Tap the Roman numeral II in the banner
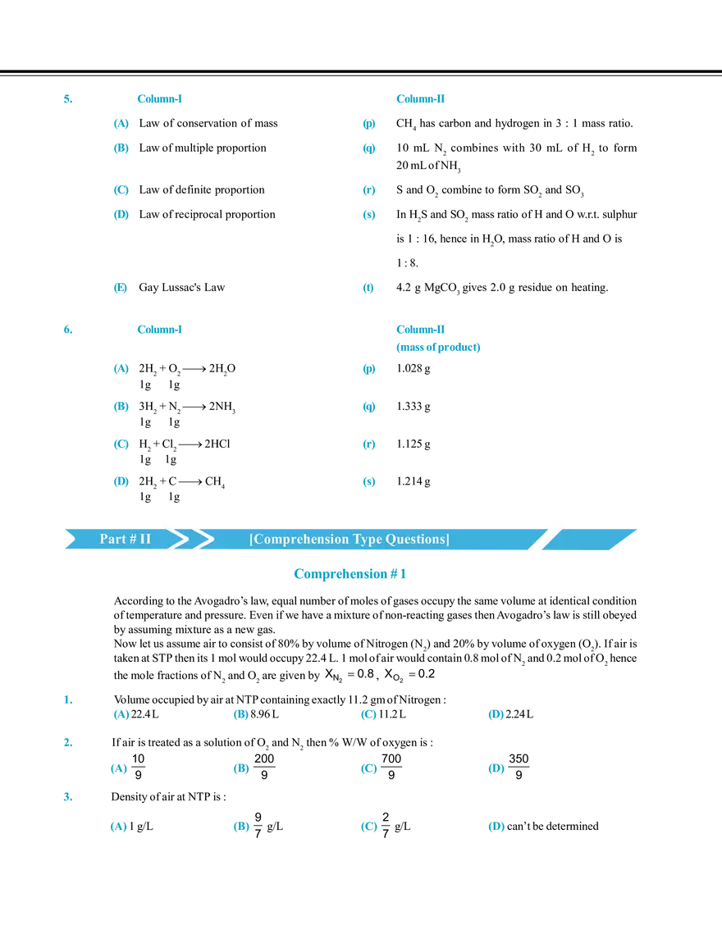pyautogui.click(x=144, y=539)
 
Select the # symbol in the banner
pyautogui.click(x=130, y=539)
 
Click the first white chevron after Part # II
pyautogui.click(x=174, y=538)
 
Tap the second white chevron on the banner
pyautogui.click(x=199, y=538)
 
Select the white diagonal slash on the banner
pyautogui.click(x=545, y=538)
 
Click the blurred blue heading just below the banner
pyautogui.click(x=350, y=574)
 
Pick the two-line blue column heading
pyautogui.click(x=437, y=339)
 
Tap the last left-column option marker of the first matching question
pyautogui.click(x=121, y=288)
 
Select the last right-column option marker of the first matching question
pyautogui.click(x=370, y=288)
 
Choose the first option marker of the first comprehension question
pyautogui.click(x=121, y=716)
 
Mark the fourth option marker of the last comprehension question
pyautogui.click(x=496, y=829)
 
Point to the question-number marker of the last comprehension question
pyautogui.click(x=68, y=798)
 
